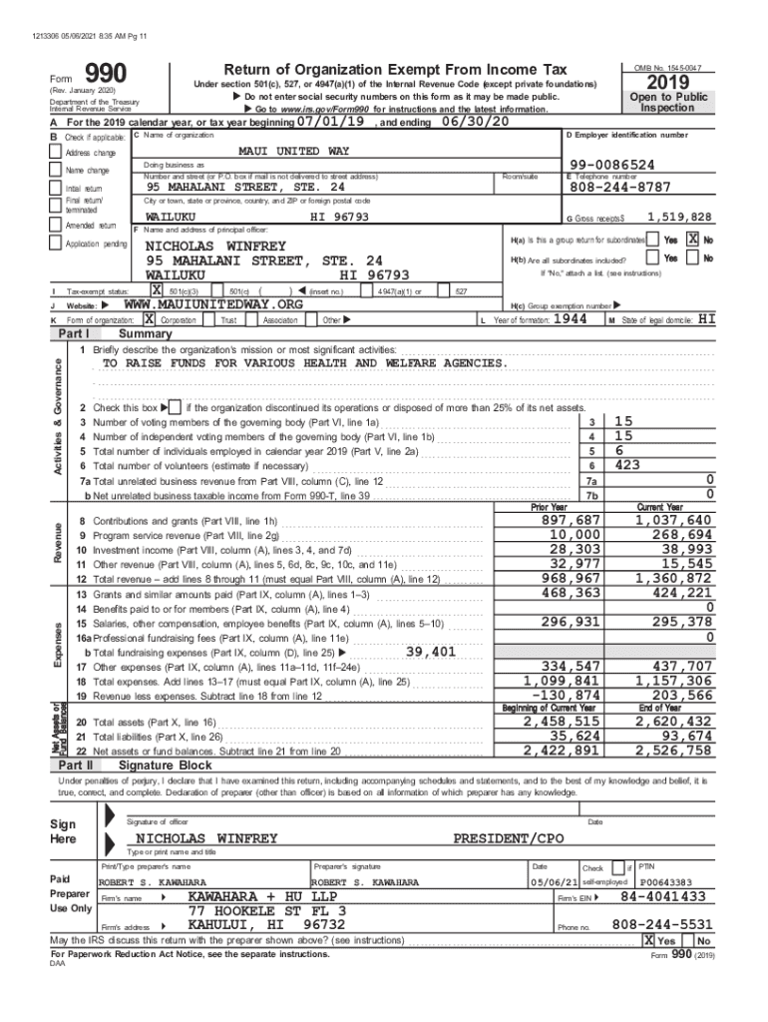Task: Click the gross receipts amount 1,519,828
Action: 679,217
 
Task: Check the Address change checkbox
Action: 56,152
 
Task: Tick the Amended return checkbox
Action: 56,227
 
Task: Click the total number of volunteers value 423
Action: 628,465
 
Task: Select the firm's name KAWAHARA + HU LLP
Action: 257,897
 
